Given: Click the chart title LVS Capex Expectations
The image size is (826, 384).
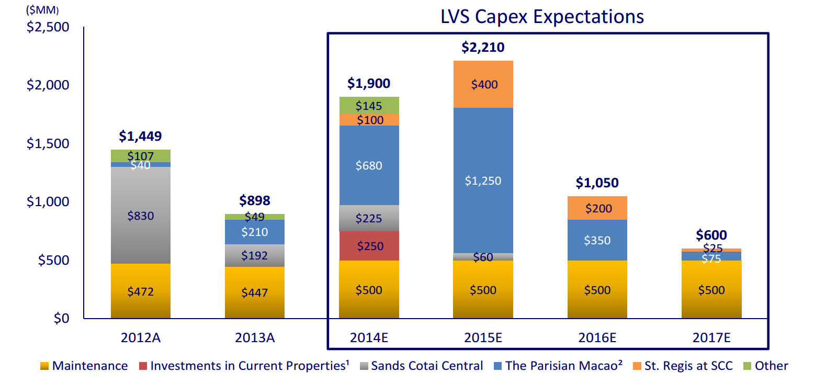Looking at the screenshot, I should pyautogui.click(x=542, y=17).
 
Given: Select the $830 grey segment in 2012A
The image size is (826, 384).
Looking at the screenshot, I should pyautogui.click(x=140, y=215).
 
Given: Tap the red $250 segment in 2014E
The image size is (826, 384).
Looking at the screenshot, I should pyautogui.click(x=369, y=246).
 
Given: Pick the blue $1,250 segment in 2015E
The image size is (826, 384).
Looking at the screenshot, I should pyautogui.click(x=483, y=180).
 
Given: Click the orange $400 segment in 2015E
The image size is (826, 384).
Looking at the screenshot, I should pyautogui.click(x=483, y=84).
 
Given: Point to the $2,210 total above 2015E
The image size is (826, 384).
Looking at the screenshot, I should pyautogui.click(x=483, y=48).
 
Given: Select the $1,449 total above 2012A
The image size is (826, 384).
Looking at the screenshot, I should pyautogui.click(x=140, y=136).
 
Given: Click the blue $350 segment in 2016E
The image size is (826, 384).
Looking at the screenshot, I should pyautogui.click(x=597, y=240).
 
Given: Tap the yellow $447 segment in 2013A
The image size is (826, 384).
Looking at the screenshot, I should pyautogui.click(x=255, y=292).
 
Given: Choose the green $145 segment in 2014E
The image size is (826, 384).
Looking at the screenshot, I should pyautogui.click(x=369, y=106).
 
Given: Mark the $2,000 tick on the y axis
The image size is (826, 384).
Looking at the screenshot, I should pyautogui.click(x=48, y=85).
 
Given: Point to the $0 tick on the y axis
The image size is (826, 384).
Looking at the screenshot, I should pyautogui.click(x=61, y=318).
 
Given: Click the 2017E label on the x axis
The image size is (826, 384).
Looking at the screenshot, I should pyautogui.click(x=711, y=337).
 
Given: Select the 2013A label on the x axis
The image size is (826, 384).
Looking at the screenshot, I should pyautogui.click(x=255, y=337).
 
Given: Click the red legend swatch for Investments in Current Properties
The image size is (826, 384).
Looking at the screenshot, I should pyautogui.click(x=143, y=366).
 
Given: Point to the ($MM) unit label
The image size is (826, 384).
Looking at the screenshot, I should pyautogui.click(x=42, y=10).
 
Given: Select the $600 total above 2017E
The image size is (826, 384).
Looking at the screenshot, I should pyautogui.click(x=711, y=235).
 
